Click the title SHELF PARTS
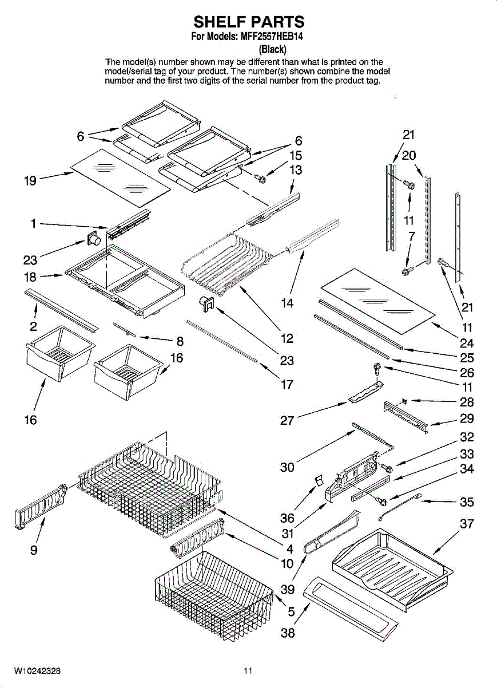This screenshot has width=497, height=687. [249, 22]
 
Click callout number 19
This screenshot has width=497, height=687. [30, 181]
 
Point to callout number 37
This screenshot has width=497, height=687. [467, 524]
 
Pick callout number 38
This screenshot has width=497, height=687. [288, 633]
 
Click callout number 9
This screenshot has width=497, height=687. [34, 550]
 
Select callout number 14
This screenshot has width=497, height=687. [287, 303]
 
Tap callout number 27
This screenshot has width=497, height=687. [287, 421]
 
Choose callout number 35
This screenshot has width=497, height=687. [467, 503]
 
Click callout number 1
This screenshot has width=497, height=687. [34, 224]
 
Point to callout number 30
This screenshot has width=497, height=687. [287, 467]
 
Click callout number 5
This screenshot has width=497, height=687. [291, 611]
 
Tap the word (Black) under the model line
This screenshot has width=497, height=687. [273, 49]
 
